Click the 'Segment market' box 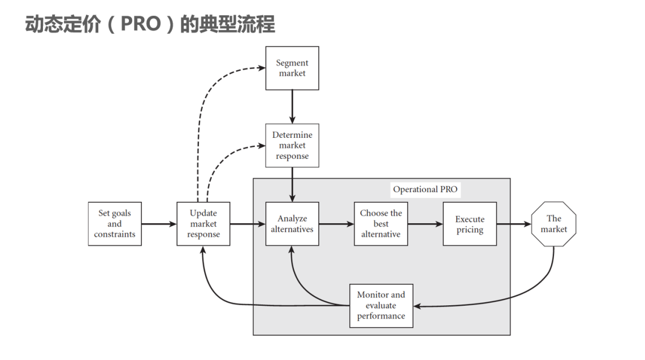pos(292,68)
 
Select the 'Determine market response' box pos(292,145)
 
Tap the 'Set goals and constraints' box pos(115,224)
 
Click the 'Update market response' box pos(204,224)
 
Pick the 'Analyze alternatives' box pos(292,224)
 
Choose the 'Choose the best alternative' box pos(381,224)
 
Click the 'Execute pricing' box pos(470,224)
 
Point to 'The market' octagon pos(554,224)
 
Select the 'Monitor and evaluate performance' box pos(381,306)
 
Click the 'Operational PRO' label pos(425,189)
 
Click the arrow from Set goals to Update pos(159,224)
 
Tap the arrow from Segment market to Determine pos(292,106)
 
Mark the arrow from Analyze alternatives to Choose pos(336,224)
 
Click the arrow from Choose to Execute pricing pos(425,224)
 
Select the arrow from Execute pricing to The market pos(514,224)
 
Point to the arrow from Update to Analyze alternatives pos(248,224)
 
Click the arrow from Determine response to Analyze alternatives pos(292,184)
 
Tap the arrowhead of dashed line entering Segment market pos(262,68)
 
